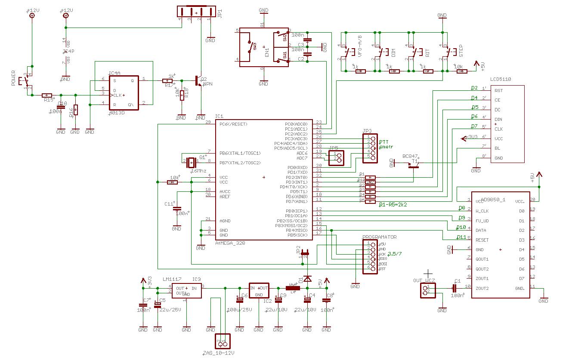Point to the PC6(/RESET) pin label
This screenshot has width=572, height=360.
(x=233, y=124)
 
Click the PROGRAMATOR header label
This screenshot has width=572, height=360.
(x=379, y=237)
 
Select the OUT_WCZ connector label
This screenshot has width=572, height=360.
(x=424, y=280)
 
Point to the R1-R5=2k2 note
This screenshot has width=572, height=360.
(x=393, y=205)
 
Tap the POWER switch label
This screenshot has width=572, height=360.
(x=13, y=78)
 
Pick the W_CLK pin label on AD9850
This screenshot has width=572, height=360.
(x=482, y=211)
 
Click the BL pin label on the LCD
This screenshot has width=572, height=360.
(x=497, y=148)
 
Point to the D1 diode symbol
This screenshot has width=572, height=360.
(x=307, y=278)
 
